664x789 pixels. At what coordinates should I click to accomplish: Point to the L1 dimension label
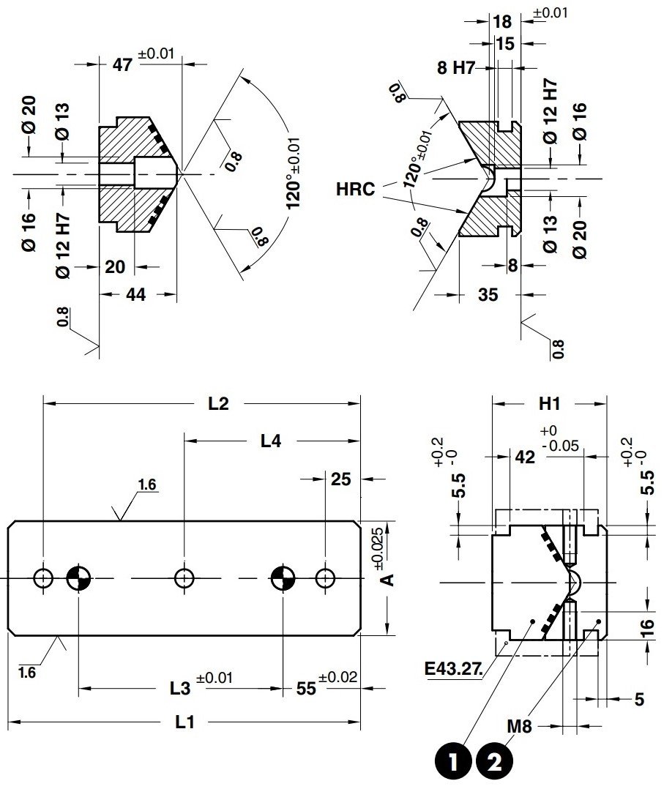184,722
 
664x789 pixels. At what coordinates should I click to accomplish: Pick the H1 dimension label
549,403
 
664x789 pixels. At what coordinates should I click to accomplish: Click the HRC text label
356,190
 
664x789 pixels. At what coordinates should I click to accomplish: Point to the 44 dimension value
136,294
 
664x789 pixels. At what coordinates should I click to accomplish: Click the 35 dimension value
488,293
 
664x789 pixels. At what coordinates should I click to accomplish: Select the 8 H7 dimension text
455,69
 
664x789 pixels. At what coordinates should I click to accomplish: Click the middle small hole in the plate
184,578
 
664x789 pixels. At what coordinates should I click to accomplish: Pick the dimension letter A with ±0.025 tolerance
389,578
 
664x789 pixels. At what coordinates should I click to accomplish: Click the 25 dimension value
341,479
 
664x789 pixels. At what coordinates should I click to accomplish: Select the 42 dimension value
524,457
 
